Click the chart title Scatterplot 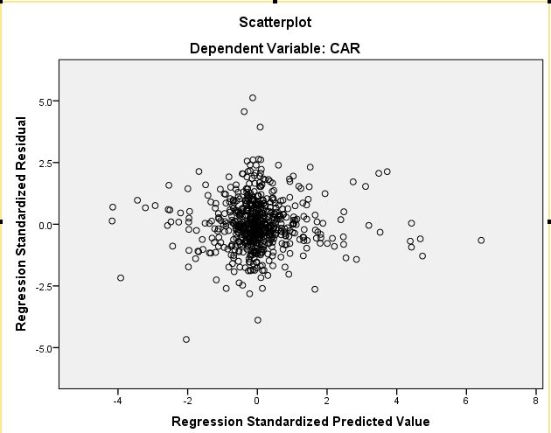(x=275, y=20)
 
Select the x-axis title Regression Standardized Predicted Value (x=301, y=422)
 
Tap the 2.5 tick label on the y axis (x=45, y=163)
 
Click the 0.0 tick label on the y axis (x=45, y=225)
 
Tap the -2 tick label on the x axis (x=187, y=402)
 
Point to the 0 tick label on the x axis (x=257, y=402)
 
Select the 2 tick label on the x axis (x=326, y=402)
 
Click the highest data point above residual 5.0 (x=253, y=98)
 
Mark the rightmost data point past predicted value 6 (x=481, y=240)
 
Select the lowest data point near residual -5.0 (x=186, y=339)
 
